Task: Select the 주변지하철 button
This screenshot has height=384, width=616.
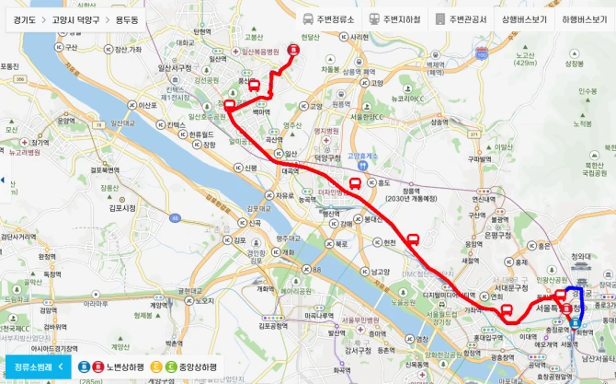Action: tap(396, 18)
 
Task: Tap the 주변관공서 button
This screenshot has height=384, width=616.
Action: tap(462, 18)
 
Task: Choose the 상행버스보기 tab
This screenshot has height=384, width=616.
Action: tap(524, 18)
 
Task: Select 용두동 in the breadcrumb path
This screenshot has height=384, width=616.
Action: tap(129, 18)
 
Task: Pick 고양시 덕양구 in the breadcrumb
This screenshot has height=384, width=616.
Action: tap(77, 18)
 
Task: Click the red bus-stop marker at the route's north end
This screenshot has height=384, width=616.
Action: tap(294, 50)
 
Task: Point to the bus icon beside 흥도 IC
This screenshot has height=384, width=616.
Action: tap(355, 184)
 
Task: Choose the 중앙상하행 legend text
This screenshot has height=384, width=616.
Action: tap(198, 367)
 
